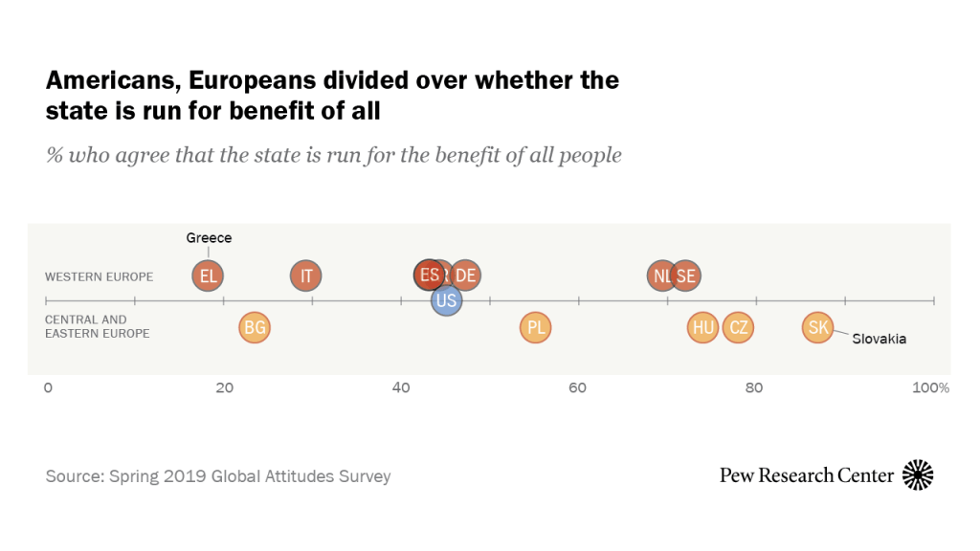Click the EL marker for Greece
point(207,276)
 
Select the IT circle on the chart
point(306,276)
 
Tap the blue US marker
point(446,300)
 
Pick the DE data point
point(465,276)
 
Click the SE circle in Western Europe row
point(685,276)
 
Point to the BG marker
point(254,328)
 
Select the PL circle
point(536,328)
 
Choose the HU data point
point(703,328)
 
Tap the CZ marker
point(738,328)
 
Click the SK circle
point(817,328)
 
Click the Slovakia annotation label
point(879,339)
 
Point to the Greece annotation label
point(209,238)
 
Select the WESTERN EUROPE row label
point(99,276)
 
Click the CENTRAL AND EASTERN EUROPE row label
point(98,326)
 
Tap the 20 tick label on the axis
point(224,387)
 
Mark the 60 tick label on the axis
point(577,387)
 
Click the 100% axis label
point(930,387)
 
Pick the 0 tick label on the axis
point(48,387)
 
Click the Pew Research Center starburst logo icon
point(918,474)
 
